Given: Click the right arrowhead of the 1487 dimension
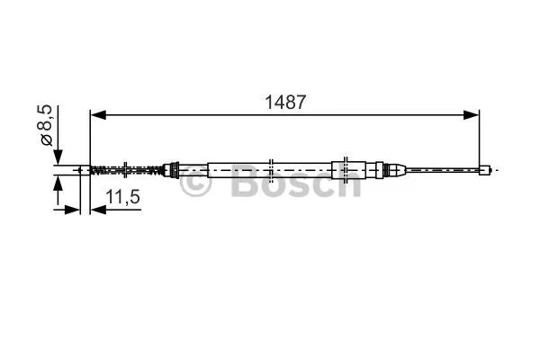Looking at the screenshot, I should coord(472,115).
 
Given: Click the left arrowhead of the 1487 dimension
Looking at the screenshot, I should coord(97,115).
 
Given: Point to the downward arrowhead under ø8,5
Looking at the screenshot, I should coord(58,157).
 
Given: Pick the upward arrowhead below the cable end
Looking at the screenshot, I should coord(58,184).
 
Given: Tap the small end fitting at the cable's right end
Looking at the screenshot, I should coord(486,168).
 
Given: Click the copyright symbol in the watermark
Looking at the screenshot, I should coord(197,184).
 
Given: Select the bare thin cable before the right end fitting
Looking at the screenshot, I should coord(441,168).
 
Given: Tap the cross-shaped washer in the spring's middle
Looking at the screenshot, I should coord(126,168).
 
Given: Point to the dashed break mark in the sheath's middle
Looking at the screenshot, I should coord(271,168).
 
